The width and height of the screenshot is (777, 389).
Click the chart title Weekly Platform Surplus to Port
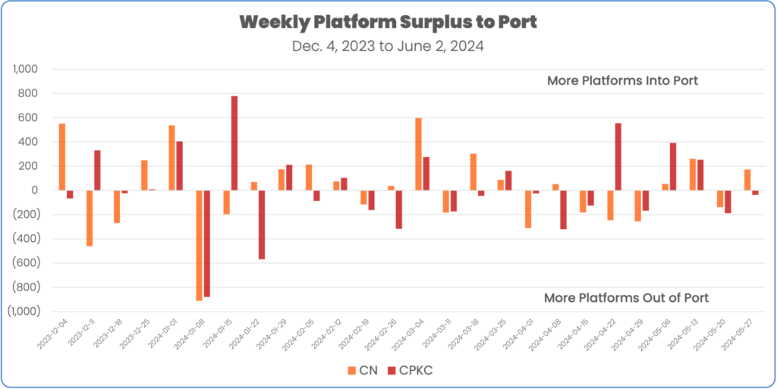(x=388, y=22)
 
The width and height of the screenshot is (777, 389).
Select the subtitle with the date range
(x=388, y=45)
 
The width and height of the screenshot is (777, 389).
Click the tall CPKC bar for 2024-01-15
(x=234, y=143)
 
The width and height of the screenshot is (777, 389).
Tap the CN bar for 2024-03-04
(x=418, y=154)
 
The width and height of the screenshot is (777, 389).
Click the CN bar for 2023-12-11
(x=89, y=218)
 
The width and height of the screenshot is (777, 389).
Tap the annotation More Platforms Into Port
(x=622, y=80)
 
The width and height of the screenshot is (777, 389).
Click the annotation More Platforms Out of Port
(x=627, y=297)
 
